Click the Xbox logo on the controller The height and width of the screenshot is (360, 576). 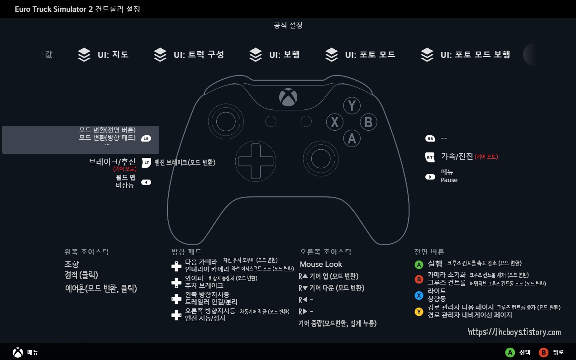coord(288,97)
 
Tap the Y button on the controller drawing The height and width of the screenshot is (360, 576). coord(352,105)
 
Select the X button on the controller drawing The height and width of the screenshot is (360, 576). coord(335,122)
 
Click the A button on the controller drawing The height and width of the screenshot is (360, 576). coord(352,138)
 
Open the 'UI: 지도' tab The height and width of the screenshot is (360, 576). coord(103,55)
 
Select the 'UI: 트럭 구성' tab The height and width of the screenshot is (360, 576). coord(189,55)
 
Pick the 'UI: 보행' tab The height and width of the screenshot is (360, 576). coord(274,55)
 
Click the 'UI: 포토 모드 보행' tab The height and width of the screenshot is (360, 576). coord(466,55)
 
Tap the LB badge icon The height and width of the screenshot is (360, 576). coord(146,138)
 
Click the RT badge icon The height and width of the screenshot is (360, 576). coord(430,157)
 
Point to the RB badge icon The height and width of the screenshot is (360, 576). coord(430,138)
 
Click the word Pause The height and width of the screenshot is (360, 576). coord(449,180)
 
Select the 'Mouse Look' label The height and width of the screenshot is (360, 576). coord(321,264)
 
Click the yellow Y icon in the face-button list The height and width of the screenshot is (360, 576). coord(419,312)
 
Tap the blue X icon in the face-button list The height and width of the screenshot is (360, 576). coord(419,295)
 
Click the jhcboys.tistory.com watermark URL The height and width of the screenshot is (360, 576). coord(514,332)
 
